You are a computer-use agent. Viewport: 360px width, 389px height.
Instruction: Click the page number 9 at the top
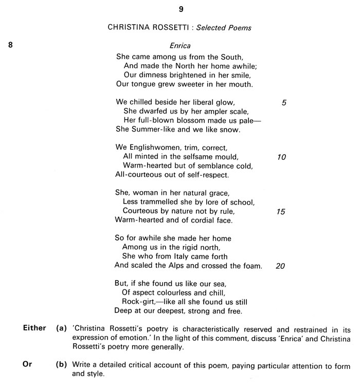tap(181, 9)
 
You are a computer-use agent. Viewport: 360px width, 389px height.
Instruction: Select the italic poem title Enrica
tap(180, 45)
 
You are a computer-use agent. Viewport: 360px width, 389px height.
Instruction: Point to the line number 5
tap(284, 103)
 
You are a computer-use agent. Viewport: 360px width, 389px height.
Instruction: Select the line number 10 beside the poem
tap(281, 157)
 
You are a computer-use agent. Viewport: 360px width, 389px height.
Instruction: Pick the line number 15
tap(281, 211)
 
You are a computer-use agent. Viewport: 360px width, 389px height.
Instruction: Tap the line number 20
tap(281, 266)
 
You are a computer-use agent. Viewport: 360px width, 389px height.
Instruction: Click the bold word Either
tap(34, 328)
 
